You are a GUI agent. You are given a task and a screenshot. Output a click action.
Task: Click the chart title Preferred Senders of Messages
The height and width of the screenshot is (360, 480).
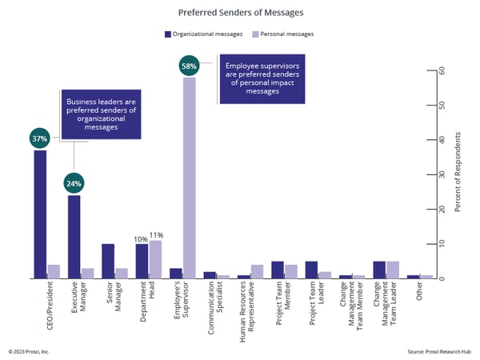[x=240, y=13]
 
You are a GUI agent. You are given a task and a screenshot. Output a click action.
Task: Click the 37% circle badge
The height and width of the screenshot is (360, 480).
[x=39, y=138]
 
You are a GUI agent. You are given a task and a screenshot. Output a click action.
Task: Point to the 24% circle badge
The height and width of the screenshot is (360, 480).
[x=74, y=183]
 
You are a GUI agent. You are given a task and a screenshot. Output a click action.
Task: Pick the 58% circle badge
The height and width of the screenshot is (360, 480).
[x=189, y=65]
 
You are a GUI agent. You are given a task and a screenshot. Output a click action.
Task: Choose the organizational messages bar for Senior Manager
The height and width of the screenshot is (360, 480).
[x=108, y=261]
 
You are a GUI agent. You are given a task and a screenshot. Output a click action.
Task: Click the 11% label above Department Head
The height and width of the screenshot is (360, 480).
[x=157, y=235]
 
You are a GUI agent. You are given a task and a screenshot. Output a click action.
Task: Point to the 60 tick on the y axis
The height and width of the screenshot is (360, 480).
[x=441, y=70]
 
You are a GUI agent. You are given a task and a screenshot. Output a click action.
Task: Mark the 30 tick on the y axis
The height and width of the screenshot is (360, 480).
[x=441, y=174]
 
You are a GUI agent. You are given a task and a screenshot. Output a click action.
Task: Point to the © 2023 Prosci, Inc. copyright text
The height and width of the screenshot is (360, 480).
[x=29, y=350]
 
